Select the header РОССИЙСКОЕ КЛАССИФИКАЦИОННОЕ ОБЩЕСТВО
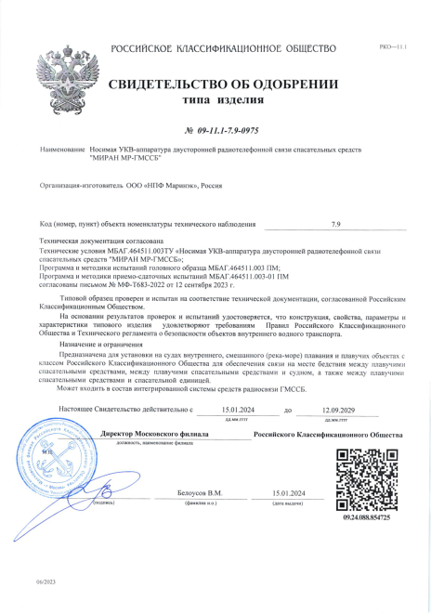tap(223, 48)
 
